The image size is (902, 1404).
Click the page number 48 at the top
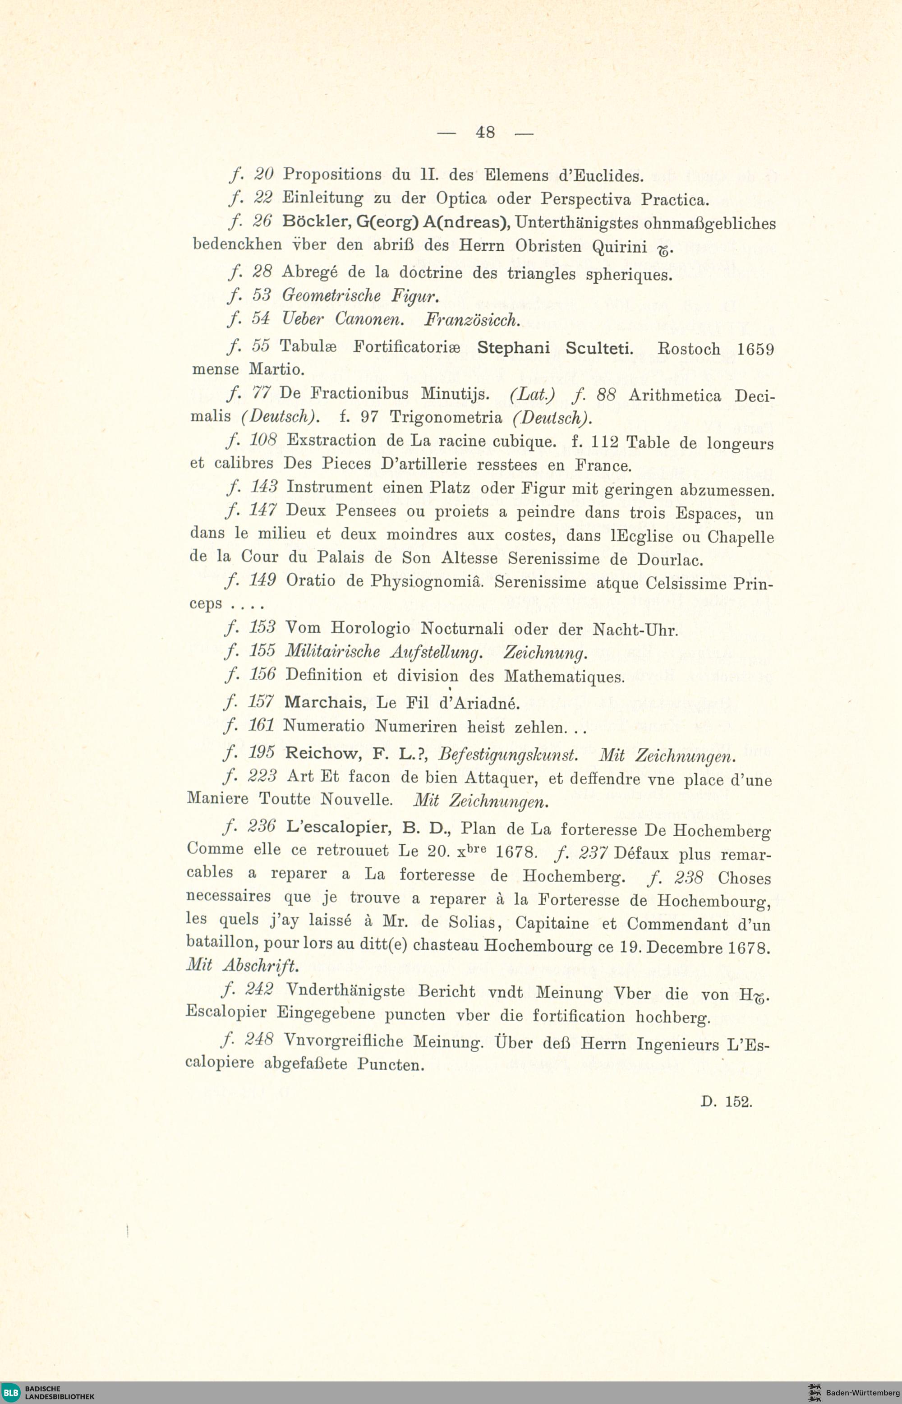click(x=485, y=133)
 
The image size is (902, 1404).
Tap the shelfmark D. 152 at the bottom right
click(x=726, y=1101)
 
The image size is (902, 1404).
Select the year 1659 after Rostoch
click(x=755, y=350)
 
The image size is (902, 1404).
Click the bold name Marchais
click(x=325, y=702)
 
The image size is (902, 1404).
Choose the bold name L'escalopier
click(x=339, y=827)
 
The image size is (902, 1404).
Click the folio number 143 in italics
click(x=263, y=487)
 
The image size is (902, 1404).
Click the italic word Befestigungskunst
click(x=508, y=755)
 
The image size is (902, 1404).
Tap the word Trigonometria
click(x=446, y=418)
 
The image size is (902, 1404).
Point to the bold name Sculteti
click(x=599, y=349)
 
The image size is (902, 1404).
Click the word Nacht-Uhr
click(x=635, y=630)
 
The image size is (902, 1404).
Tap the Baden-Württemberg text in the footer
click(x=862, y=1392)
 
